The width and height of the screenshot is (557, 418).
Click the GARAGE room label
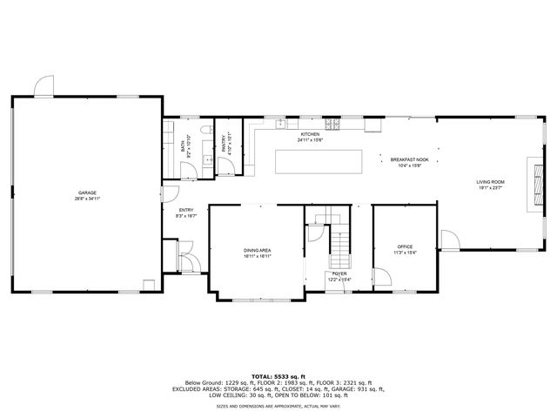[87, 192]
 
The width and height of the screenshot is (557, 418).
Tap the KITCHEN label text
[310, 134]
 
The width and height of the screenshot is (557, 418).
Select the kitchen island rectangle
[318, 163]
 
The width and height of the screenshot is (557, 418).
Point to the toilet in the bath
[205, 131]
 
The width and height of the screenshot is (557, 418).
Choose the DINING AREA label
[258, 250]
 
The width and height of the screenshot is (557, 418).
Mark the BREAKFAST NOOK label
[409, 160]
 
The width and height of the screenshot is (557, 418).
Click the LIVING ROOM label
[490, 181]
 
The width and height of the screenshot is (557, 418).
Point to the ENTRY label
[186, 210]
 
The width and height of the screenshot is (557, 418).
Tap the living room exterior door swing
[449, 239]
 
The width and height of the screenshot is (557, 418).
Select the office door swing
[380, 277]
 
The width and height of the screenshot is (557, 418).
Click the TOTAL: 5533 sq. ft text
[278, 374]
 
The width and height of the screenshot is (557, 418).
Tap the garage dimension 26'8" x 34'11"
[87, 198]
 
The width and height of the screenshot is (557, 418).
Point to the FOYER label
[339, 273]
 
